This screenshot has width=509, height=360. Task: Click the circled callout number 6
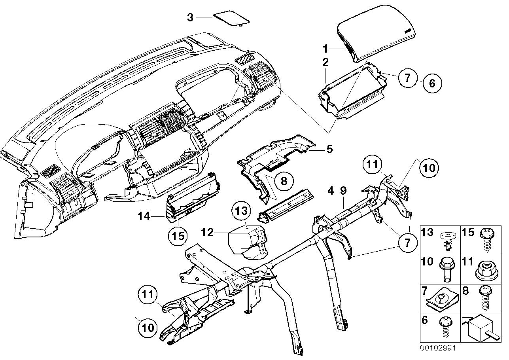pos(431,83)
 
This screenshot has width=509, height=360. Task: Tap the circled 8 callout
pos(284,181)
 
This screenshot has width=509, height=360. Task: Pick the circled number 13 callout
pos(242,211)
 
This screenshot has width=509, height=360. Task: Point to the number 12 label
pos(207,233)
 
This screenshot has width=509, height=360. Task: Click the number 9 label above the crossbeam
pos(343,191)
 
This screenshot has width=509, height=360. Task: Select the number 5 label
pos(329,149)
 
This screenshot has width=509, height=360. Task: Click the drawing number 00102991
pos(438,349)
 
